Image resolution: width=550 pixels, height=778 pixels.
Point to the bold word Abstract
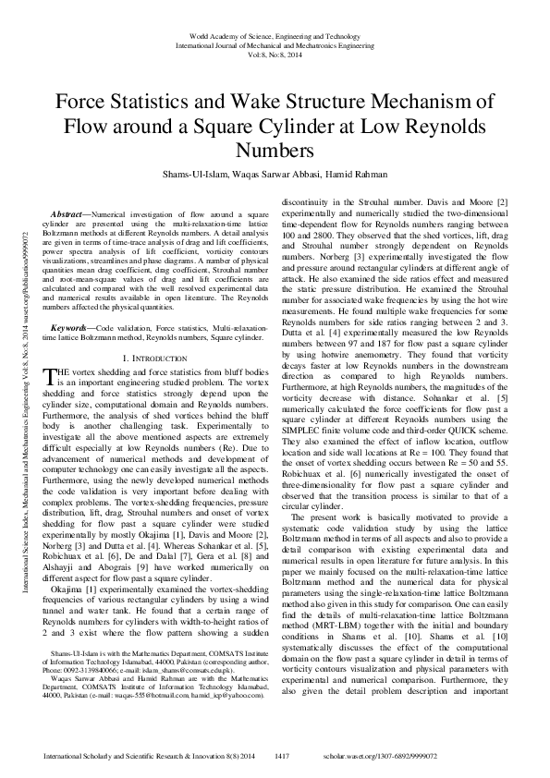click(67, 213)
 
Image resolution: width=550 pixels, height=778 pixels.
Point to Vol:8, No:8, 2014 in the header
click(275, 55)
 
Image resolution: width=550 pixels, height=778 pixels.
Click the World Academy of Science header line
click(275, 34)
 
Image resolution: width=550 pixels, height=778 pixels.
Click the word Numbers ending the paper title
click(275, 150)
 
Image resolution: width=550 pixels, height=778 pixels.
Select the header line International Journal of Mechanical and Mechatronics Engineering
click(275, 44)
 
